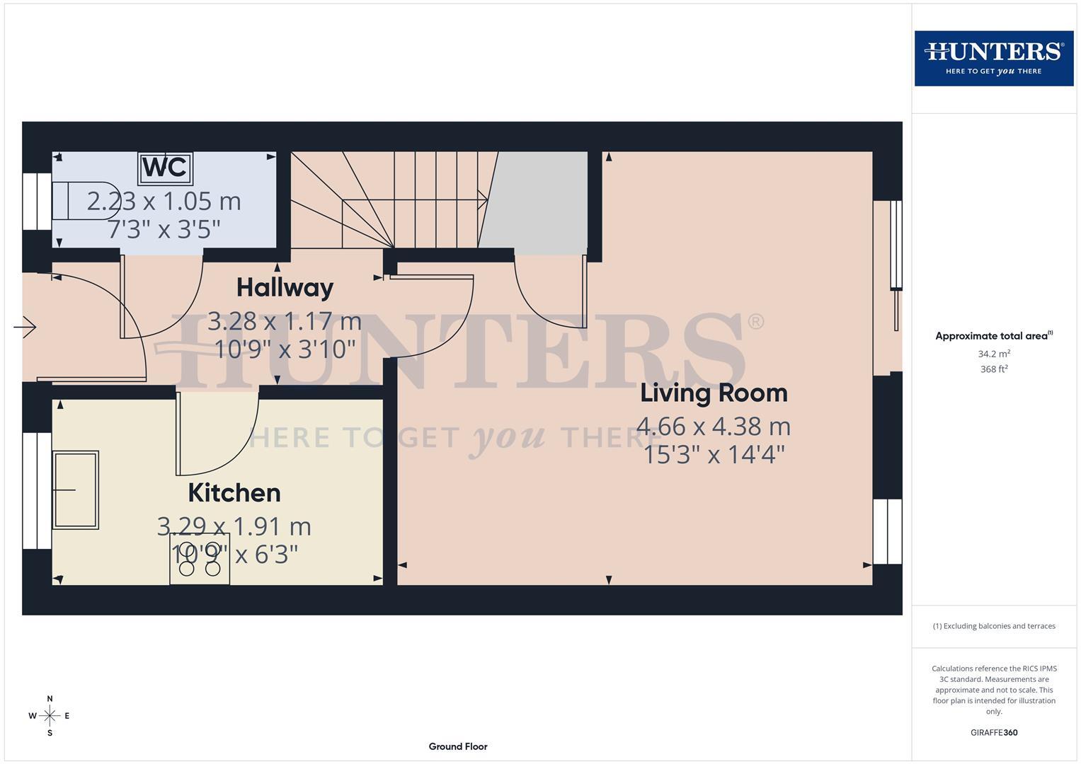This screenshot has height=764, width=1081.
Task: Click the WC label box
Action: pyautogui.click(x=165, y=168)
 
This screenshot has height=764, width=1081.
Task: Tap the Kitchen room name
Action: pyautogui.click(x=234, y=493)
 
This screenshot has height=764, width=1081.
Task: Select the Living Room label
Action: pyautogui.click(x=714, y=393)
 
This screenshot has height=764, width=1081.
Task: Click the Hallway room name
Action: pyautogui.click(x=285, y=287)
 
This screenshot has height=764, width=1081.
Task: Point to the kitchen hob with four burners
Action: pyautogui.click(x=199, y=560)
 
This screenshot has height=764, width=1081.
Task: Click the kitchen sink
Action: pyautogui.click(x=76, y=490)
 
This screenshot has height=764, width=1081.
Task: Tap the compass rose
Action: pyautogui.click(x=50, y=716)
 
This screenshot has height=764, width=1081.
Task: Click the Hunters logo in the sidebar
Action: pyautogui.click(x=993, y=58)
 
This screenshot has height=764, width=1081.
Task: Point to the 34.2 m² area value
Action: pyautogui.click(x=993, y=354)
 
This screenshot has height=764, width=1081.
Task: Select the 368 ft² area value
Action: pyautogui.click(x=993, y=369)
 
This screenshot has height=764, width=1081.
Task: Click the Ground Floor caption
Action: pyautogui.click(x=457, y=746)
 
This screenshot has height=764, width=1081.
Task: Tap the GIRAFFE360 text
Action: pyautogui.click(x=993, y=733)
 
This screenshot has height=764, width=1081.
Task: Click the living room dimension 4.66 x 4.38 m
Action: pyautogui.click(x=714, y=427)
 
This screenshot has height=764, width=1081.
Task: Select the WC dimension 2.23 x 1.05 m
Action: pyautogui.click(x=164, y=202)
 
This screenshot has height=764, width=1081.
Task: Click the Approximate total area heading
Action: pyautogui.click(x=993, y=336)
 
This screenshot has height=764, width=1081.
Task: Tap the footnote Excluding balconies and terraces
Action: pyautogui.click(x=993, y=626)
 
